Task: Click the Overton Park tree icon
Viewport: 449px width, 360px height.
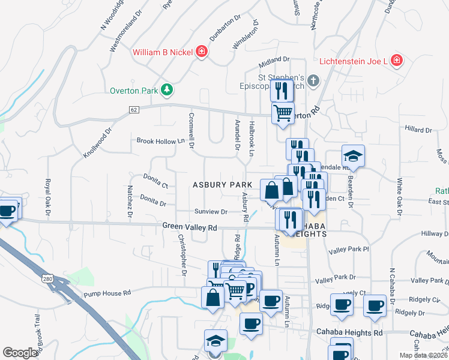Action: (x=167, y=91)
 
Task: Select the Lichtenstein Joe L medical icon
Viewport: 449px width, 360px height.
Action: (x=396, y=61)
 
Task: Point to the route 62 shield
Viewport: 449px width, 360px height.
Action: (x=134, y=110)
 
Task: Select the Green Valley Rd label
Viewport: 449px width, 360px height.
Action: (x=189, y=227)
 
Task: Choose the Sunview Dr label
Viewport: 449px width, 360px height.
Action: (x=211, y=212)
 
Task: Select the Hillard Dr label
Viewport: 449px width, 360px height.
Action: (x=418, y=130)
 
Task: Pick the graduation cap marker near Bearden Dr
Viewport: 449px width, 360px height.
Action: (x=354, y=155)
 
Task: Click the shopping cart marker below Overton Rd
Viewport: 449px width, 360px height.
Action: (x=283, y=112)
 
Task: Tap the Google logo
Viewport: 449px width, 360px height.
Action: (x=20, y=353)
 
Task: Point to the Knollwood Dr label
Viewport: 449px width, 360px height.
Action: (x=98, y=142)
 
